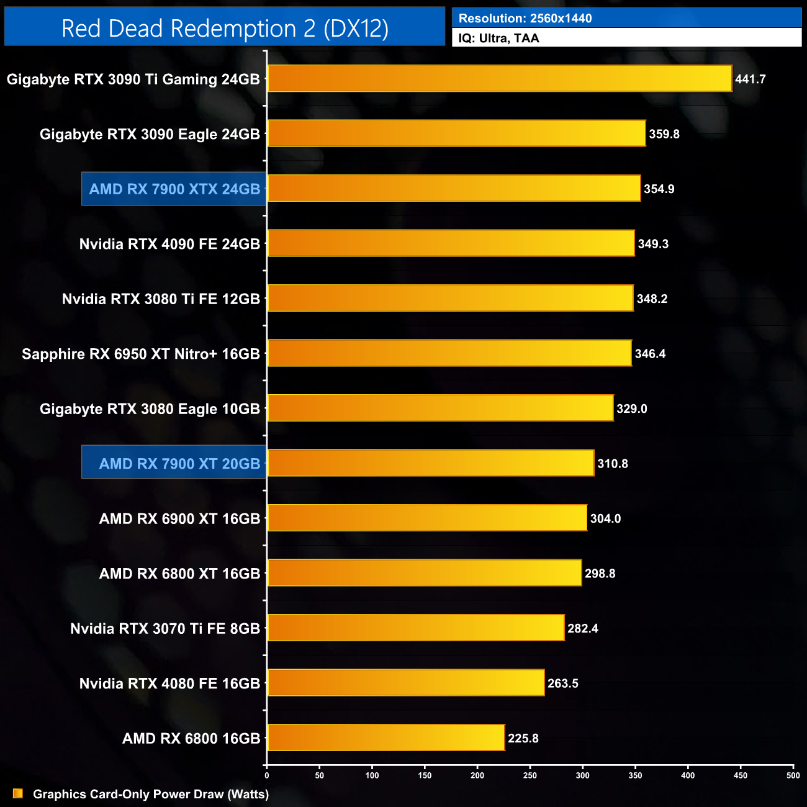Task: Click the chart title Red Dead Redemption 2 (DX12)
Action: click(x=225, y=29)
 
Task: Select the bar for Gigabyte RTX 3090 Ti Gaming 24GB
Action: click(x=499, y=79)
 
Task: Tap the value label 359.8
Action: click(x=664, y=134)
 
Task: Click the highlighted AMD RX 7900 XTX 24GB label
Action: click(x=174, y=189)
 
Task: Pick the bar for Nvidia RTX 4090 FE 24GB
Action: click(x=451, y=243)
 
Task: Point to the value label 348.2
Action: click(x=652, y=299)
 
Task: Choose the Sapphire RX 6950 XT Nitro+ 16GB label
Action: click(x=141, y=354)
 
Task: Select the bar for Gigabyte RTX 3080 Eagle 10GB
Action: click(x=440, y=408)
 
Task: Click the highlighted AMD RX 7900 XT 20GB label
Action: click(x=179, y=464)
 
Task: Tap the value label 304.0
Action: click(x=605, y=518)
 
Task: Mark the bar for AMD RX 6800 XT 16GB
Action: click(x=424, y=573)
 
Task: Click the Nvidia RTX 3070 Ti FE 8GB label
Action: click(x=165, y=629)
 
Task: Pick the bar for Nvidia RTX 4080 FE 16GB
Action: click(x=405, y=683)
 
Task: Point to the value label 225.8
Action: click(x=523, y=738)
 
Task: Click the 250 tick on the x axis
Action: click(x=530, y=775)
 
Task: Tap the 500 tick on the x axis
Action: click(x=793, y=775)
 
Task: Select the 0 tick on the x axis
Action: click(x=267, y=775)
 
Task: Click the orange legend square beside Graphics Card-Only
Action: click(x=18, y=793)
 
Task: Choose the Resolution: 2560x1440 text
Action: click(x=525, y=19)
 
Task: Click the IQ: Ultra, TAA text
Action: click(x=498, y=38)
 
